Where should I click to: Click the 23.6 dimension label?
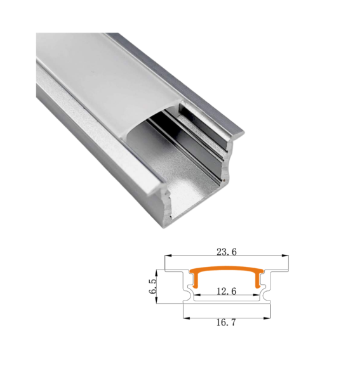[227, 252]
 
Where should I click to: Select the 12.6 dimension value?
[227, 291]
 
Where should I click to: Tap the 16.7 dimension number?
[226, 322]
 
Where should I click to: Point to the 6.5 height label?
[153, 286]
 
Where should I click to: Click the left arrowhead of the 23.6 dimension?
[168, 256]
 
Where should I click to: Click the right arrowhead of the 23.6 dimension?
[285, 256]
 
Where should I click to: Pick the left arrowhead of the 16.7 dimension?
[187, 318]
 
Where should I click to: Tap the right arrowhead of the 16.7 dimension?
[267, 318]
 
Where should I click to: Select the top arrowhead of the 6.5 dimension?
[156, 273]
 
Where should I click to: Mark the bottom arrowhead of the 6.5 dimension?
[156, 300]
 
